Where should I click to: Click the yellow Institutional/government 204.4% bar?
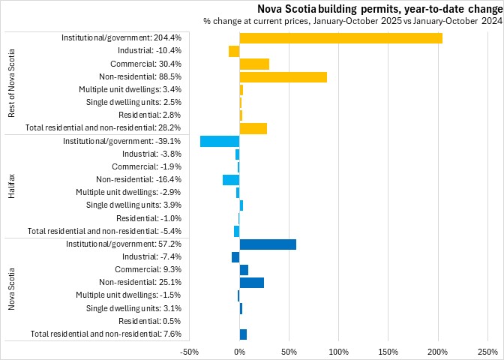340,38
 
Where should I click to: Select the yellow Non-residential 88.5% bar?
283,76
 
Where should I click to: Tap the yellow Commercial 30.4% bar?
254,64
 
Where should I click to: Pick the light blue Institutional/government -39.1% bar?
220,141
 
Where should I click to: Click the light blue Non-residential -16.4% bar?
231,179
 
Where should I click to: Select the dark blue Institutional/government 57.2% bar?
268,244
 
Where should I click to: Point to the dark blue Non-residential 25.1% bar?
251,282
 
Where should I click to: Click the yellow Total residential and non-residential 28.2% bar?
253,128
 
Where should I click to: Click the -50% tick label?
190,351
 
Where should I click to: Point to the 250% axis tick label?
487,351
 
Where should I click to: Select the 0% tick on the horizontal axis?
239,351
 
